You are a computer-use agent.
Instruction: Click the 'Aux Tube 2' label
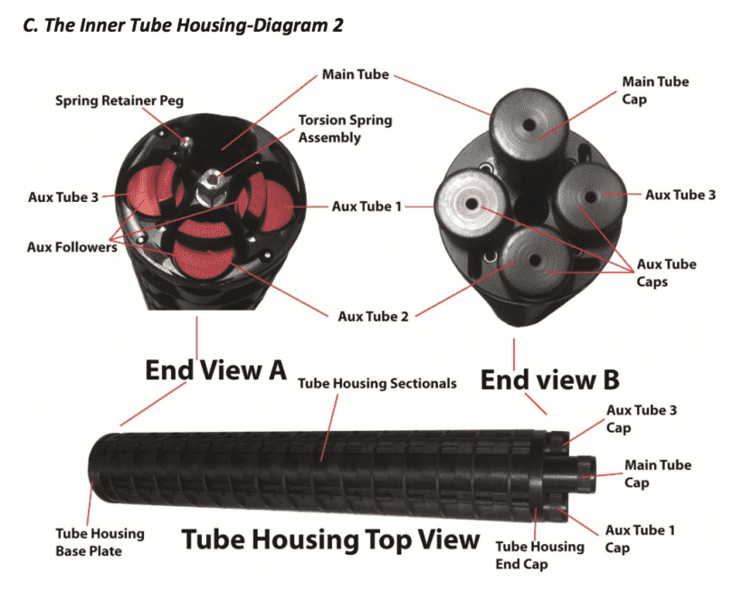pos(373,316)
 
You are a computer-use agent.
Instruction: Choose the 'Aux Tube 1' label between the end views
pos(366,206)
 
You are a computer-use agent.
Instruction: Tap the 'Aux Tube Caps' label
pos(667,272)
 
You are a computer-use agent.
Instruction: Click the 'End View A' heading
pos(215,369)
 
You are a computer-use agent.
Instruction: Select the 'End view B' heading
pos(538,379)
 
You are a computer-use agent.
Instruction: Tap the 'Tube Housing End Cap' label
pos(536,555)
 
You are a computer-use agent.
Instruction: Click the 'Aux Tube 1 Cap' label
pos(640,539)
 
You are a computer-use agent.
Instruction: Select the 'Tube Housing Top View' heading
pos(330,540)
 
